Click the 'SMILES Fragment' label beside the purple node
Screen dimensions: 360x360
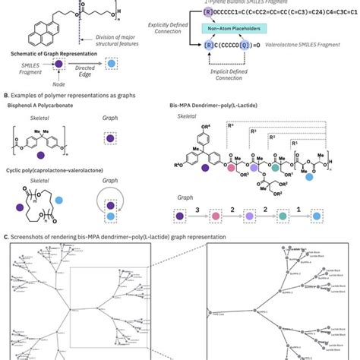tap(23, 68)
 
